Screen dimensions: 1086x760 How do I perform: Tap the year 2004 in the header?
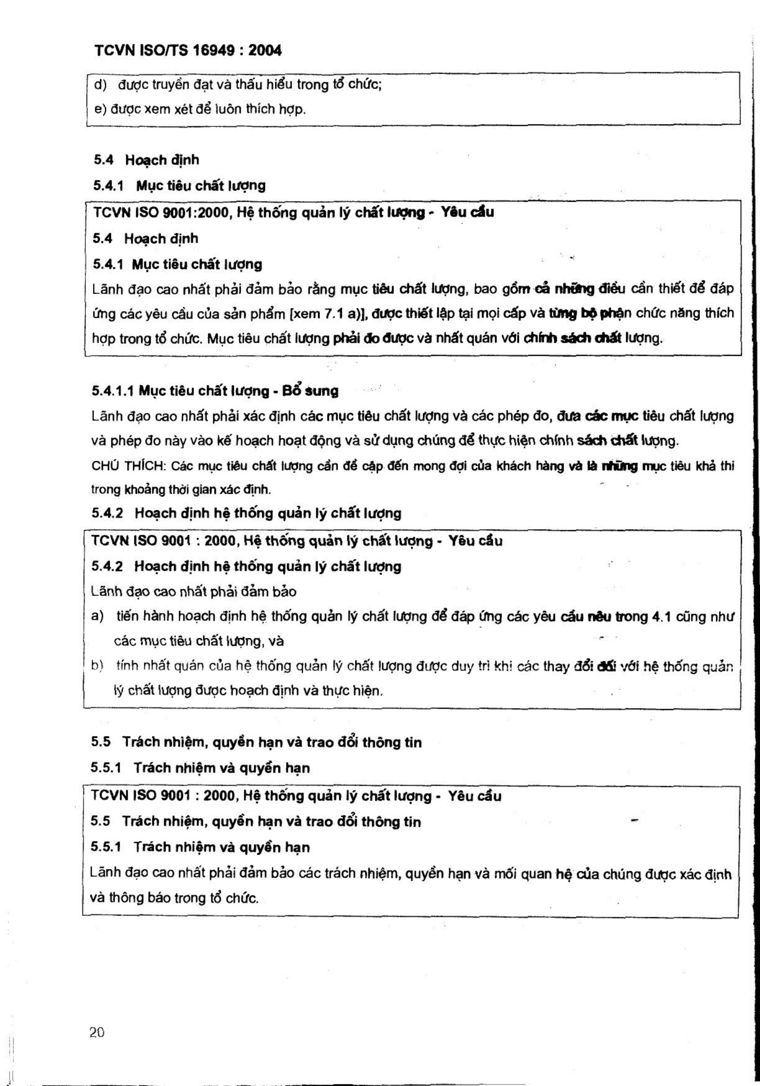tap(265, 51)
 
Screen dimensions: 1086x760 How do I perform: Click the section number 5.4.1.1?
tap(113, 391)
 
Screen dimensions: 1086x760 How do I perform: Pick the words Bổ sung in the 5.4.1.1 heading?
tap(310, 391)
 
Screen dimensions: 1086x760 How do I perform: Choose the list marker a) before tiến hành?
tap(97, 617)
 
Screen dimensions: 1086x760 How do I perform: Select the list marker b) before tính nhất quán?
tap(97, 666)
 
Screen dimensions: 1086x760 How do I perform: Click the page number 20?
tap(97, 1033)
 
